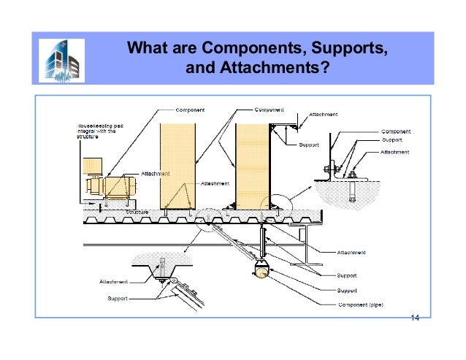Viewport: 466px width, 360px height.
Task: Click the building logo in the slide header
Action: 64,58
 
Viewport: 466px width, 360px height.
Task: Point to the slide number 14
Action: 415,318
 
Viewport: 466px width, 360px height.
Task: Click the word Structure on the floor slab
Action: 137,212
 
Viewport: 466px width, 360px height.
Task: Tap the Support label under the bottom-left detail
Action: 118,299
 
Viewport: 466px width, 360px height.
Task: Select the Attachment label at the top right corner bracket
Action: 324,114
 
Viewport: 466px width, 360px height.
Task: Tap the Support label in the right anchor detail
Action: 391,139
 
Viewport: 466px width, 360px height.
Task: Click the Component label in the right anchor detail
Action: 395,131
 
